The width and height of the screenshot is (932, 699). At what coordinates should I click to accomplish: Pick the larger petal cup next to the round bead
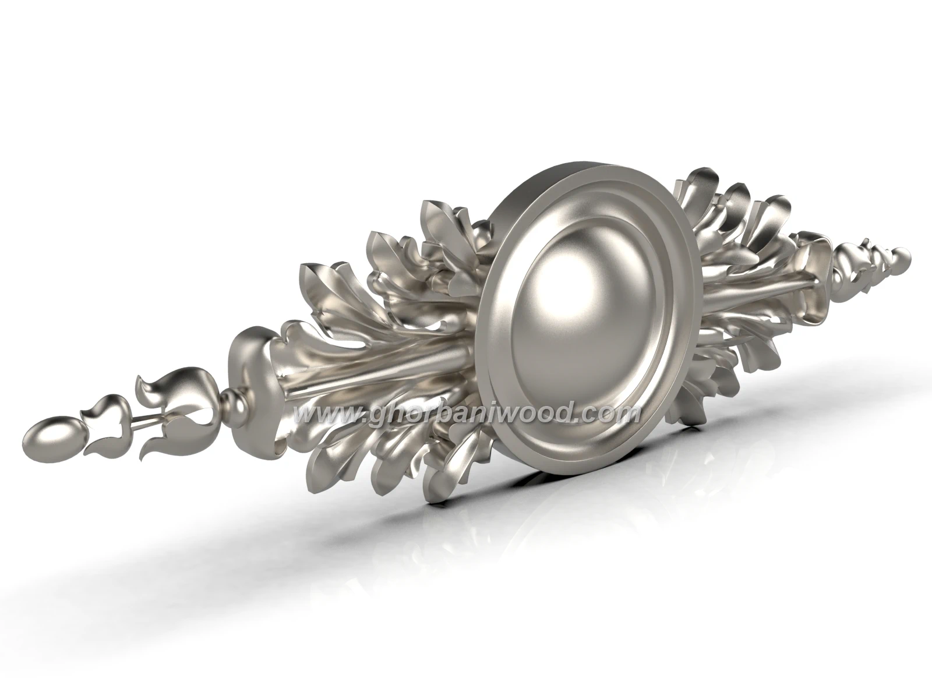click(x=178, y=407)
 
